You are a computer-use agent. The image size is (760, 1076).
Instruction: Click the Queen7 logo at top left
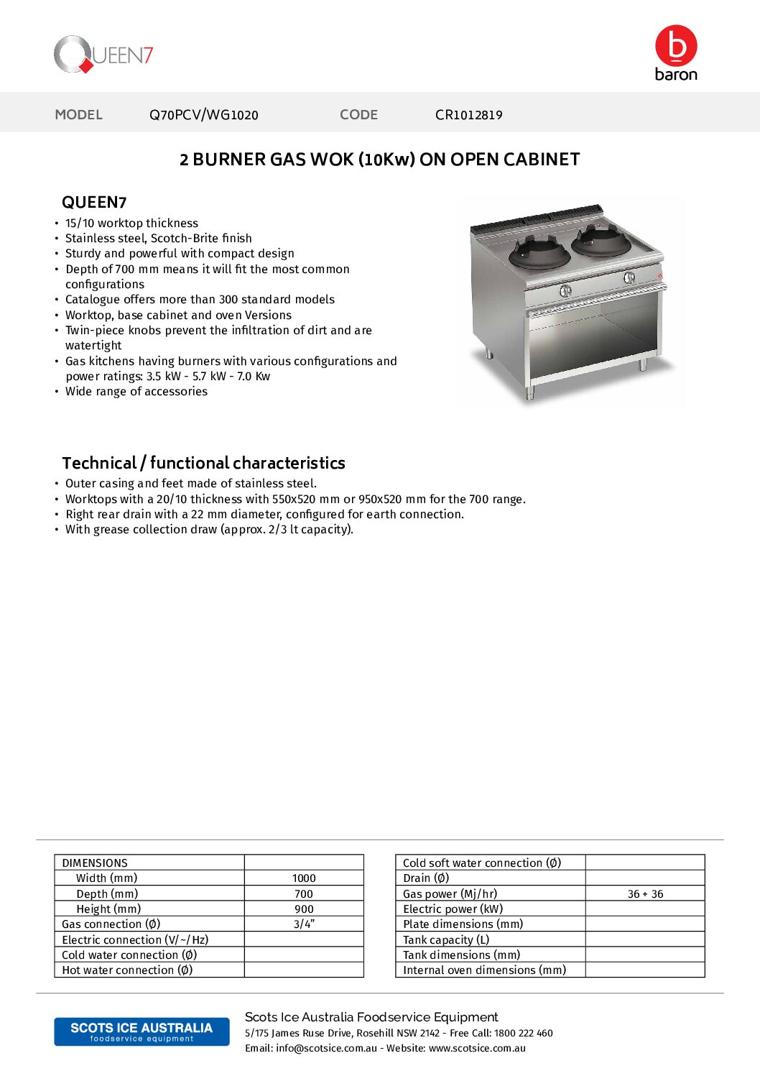click(103, 55)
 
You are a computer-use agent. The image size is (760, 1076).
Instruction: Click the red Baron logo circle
click(675, 45)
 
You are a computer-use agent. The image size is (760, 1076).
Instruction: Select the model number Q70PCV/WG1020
click(203, 115)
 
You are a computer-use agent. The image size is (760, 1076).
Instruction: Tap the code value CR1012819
click(468, 115)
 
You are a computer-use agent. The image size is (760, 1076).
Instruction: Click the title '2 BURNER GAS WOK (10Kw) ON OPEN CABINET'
click(379, 160)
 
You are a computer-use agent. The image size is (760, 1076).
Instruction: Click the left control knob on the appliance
click(565, 290)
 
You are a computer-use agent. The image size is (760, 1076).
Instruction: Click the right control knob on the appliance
click(629, 277)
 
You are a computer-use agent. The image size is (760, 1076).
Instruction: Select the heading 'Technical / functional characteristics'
click(203, 463)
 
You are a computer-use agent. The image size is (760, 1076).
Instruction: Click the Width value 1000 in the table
click(304, 878)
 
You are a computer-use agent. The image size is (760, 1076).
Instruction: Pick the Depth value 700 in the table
click(304, 894)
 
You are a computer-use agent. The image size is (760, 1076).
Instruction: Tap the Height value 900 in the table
click(304, 909)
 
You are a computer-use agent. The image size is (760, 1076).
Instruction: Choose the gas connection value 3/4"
click(304, 924)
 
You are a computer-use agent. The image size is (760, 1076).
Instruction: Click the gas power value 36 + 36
click(645, 894)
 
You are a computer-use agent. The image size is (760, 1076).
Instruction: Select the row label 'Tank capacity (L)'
click(446, 939)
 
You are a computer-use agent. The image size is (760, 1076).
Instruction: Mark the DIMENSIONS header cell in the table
click(95, 863)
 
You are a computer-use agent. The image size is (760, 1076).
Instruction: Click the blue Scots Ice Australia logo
click(142, 1031)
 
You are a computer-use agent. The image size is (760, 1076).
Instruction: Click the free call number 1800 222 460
click(524, 1033)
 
